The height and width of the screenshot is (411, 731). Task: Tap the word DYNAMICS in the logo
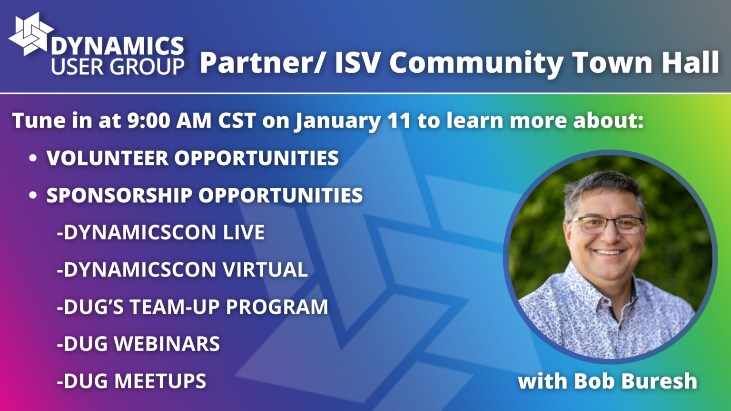[x=117, y=46]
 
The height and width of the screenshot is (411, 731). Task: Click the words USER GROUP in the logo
[x=118, y=67]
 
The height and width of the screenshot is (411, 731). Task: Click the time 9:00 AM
[x=169, y=120]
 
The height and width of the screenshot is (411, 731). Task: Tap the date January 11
[x=353, y=120]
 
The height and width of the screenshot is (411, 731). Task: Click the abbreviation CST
[x=237, y=120]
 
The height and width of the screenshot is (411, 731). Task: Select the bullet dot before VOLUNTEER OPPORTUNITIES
[x=33, y=158]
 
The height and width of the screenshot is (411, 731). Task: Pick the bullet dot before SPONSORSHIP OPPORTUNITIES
[x=33, y=195]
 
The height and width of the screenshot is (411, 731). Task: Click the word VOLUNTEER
[x=107, y=158]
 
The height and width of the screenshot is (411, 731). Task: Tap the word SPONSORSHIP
[x=119, y=195]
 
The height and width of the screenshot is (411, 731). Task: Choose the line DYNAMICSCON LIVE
[x=161, y=233]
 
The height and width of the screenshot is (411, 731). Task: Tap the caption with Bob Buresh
[x=607, y=381]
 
